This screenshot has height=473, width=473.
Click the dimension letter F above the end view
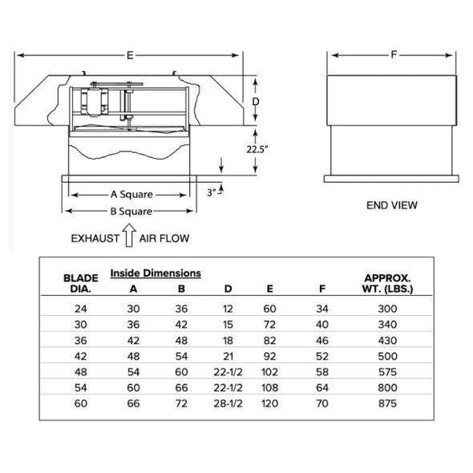point(393,55)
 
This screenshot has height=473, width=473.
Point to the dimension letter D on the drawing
point(256,103)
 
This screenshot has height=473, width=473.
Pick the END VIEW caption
point(391,205)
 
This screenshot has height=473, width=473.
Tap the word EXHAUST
point(95,238)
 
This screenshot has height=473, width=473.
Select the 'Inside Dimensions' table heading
point(155,273)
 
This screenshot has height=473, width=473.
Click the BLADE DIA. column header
point(80,284)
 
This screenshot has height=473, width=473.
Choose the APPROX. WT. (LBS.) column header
point(388,284)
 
